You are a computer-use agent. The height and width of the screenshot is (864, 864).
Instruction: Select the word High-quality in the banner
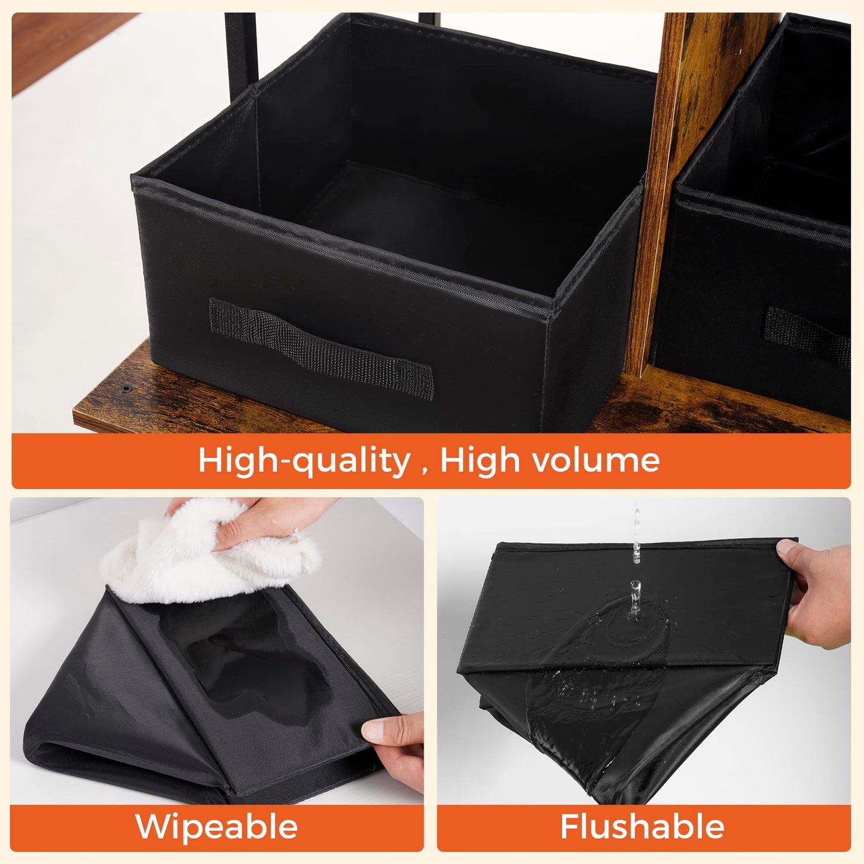click(x=304, y=460)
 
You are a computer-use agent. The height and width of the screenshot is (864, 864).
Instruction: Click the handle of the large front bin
click(x=321, y=347)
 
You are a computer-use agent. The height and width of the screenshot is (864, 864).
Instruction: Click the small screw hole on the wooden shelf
click(x=126, y=388)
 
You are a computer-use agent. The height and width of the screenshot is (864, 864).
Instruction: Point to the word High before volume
click(x=481, y=460)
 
